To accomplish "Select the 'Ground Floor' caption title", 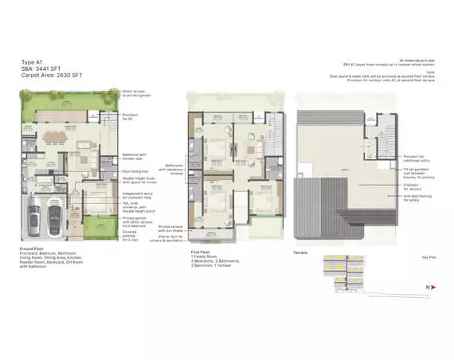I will [x=31, y=248].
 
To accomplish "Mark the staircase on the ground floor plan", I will [x=108, y=127].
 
